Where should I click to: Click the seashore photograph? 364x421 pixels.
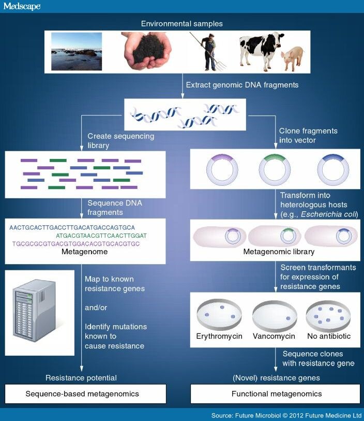(77, 51)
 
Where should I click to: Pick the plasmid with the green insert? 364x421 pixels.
(275, 169)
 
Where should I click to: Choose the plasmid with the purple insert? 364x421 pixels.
(223, 169)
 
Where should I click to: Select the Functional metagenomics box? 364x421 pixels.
(276, 394)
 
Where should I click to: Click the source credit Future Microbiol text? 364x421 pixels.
(286, 416)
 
